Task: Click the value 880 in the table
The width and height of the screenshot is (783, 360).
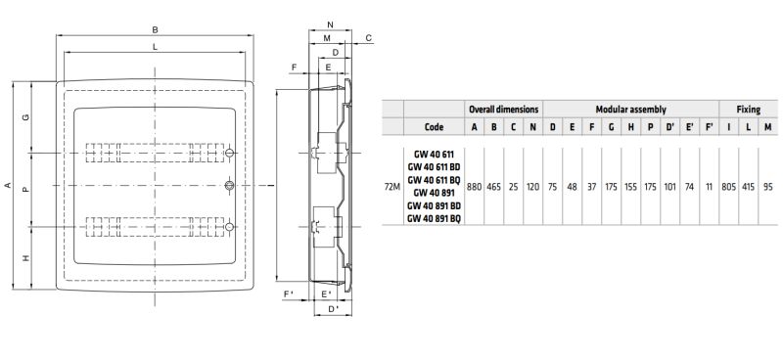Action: pos(474,187)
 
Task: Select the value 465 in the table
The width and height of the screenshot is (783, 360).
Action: pos(494,187)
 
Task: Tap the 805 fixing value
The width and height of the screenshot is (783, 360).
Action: pos(728,187)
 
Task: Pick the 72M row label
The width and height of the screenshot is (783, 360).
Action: pos(393,187)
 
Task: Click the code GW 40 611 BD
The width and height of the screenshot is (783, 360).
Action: pos(434,166)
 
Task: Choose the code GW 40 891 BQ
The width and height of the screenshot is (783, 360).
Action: pos(434,218)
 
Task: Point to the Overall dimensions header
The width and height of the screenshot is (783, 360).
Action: pos(503,109)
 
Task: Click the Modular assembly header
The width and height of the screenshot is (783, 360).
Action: pos(630,110)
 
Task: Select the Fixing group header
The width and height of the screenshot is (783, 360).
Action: pos(748,110)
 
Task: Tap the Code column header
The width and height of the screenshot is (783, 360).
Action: pos(434,127)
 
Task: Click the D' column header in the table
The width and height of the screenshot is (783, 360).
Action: pos(670,127)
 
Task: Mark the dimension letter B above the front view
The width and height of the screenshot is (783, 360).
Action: pos(156,30)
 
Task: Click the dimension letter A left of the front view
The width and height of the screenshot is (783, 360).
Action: pos(8,185)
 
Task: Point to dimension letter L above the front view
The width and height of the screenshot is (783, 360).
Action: pos(156,47)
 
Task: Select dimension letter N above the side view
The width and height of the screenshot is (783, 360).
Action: pos(330,24)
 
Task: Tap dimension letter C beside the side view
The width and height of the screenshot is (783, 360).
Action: pos(369,38)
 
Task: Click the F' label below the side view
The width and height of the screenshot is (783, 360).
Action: pos(289,294)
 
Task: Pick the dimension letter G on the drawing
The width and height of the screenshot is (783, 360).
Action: pos(26,117)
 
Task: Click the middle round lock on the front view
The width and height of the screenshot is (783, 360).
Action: pos(229,186)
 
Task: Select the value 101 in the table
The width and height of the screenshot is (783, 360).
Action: pos(670,187)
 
